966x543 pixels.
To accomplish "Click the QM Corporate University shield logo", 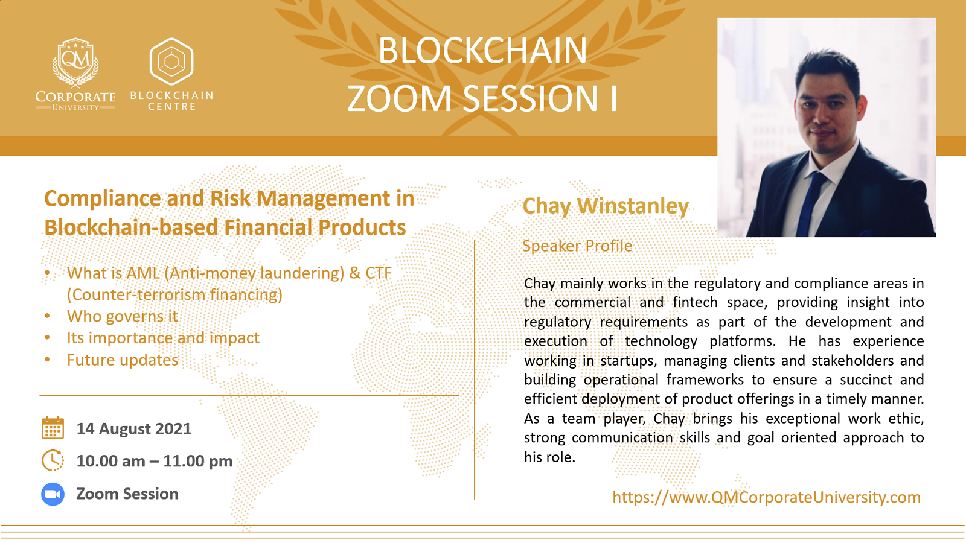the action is click(75, 63).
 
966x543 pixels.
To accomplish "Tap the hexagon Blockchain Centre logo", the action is click(171, 61).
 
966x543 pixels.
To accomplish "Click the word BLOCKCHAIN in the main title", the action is click(482, 51).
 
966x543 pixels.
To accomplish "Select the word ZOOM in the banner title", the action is click(399, 98).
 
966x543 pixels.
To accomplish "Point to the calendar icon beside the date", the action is click(53, 428).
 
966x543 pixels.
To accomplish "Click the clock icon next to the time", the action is click(53, 460).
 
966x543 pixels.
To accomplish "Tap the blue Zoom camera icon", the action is click(53, 494).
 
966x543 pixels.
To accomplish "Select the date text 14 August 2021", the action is click(133, 429).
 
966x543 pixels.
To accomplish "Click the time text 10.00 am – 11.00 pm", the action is click(155, 461).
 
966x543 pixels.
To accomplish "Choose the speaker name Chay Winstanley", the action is click(606, 206).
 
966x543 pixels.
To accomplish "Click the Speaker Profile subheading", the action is click(577, 246).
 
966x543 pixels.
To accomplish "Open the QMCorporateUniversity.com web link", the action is click(766, 497).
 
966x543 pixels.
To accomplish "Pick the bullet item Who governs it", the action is click(122, 316).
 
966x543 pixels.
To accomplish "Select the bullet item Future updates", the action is click(123, 360).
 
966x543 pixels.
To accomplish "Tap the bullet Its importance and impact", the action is click(163, 338).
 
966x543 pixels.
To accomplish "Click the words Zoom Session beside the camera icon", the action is click(127, 494).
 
